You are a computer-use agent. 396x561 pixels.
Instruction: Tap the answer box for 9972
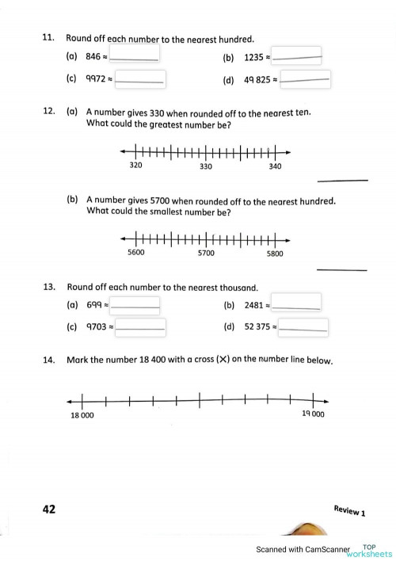[x=140, y=79]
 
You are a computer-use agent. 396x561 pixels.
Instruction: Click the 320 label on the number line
[x=135, y=166]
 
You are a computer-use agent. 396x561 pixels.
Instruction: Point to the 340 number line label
[x=275, y=166]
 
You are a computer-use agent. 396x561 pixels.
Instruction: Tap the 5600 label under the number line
[x=136, y=253]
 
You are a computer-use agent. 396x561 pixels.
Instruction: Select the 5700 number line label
[x=206, y=253]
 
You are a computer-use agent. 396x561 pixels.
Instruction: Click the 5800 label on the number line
[x=275, y=253]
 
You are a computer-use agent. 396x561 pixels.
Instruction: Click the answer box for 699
[x=135, y=304]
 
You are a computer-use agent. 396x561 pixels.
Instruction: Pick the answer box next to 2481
[x=296, y=304]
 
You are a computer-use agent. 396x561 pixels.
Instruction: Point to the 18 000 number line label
[x=82, y=414]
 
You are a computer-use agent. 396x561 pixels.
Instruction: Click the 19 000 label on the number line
[x=314, y=414]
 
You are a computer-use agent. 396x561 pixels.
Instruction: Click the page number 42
[x=48, y=509]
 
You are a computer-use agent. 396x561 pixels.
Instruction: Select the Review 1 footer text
[x=349, y=510]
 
